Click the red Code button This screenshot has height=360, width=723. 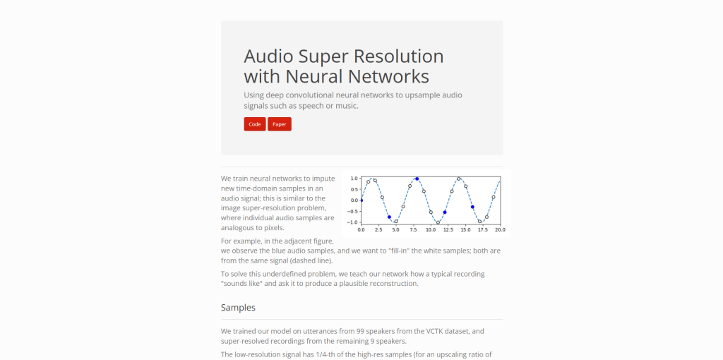[254, 124]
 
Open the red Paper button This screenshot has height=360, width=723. [280, 124]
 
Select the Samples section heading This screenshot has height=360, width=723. [238, 308]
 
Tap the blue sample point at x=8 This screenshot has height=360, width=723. [417, 179]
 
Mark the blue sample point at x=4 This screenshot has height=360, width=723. [389, 217]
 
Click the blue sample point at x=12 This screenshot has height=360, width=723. [445, 212]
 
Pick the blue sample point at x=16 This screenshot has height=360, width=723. [472, 207]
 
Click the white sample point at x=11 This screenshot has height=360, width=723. [438, 222]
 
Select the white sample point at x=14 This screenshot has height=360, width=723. [459, 179]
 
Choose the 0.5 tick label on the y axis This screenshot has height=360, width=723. [354, 189]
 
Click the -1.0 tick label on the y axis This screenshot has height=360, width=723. [353, 222]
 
